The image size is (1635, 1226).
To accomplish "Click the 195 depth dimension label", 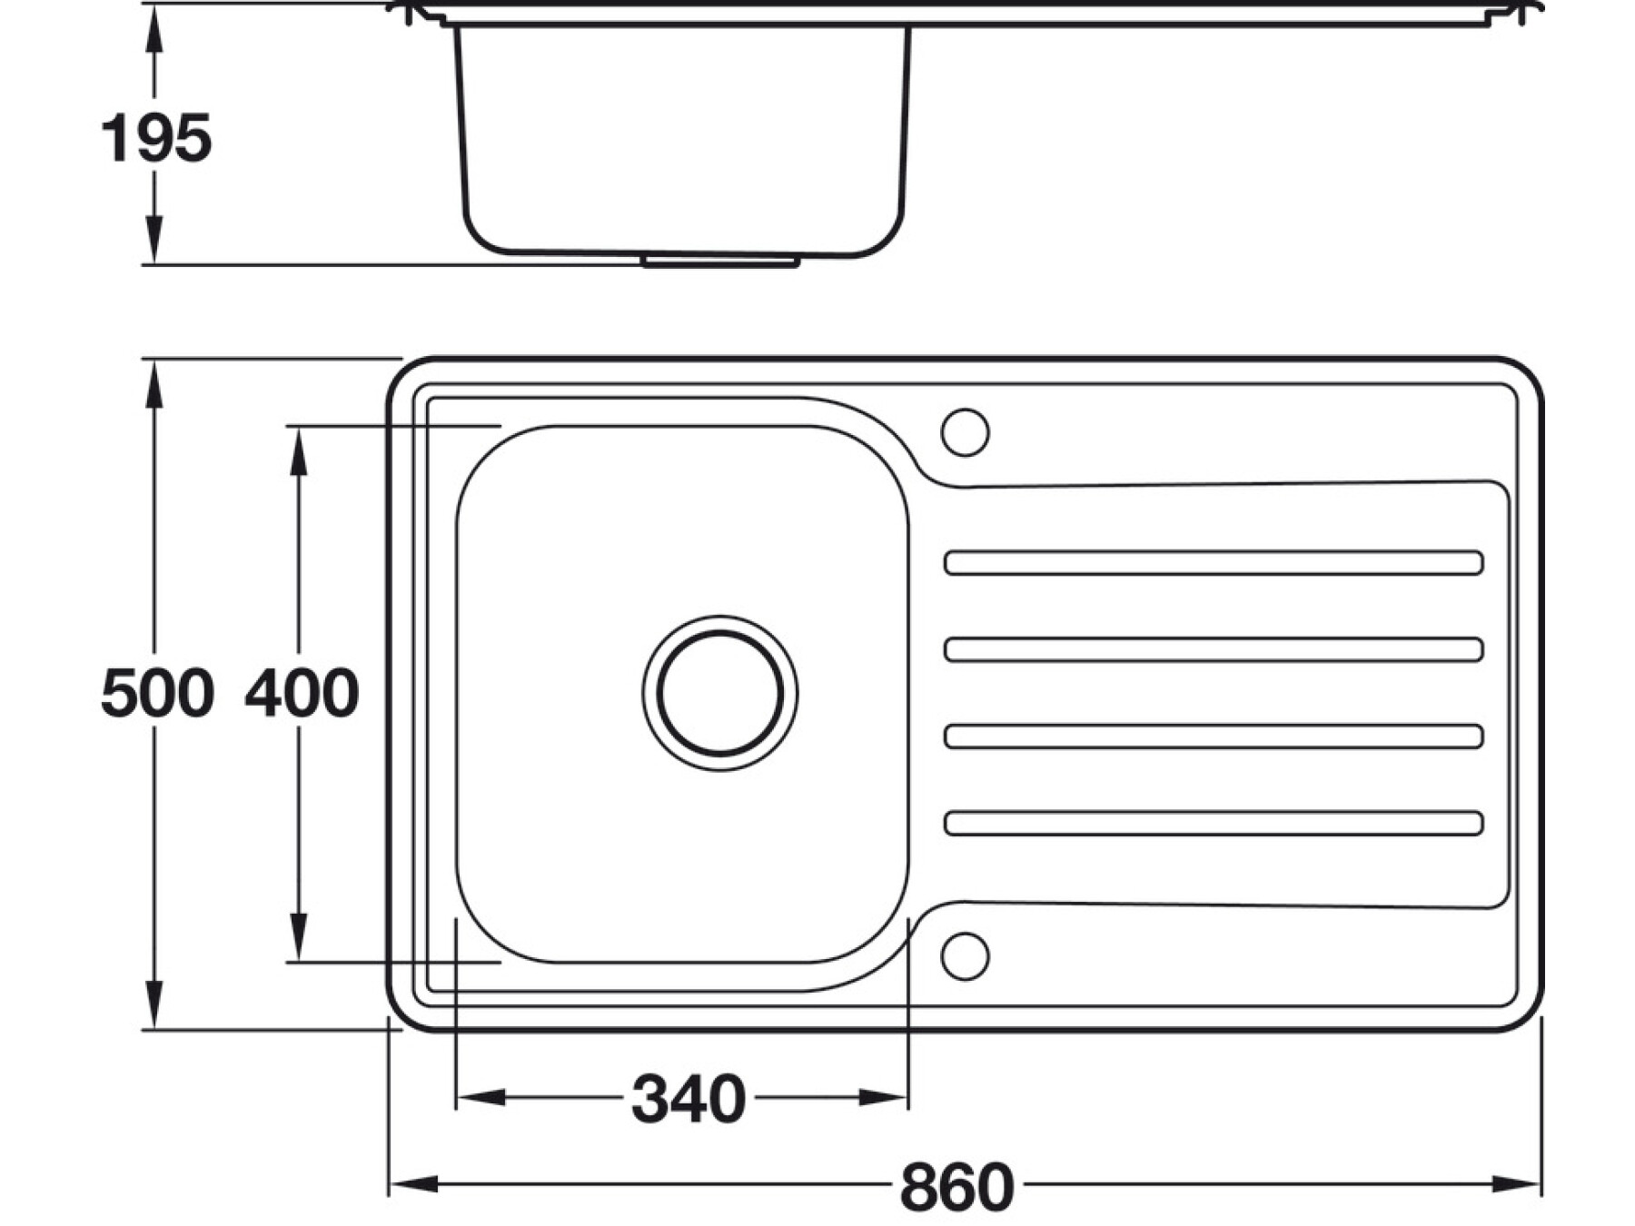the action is pyautogui.click(x=155, y=139).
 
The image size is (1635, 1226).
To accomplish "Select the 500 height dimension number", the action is pyautogui.click(x=157, y=693).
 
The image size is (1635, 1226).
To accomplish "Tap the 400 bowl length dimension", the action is pyautogui.click(x=302, y=693).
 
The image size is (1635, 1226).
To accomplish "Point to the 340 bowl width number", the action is pyautogui.click(x=689, y=1099).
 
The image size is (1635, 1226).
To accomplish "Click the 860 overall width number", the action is pyautogui.click(x=956, y=1186).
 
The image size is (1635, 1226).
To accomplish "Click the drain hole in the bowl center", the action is pyautogui.click(x=720, y=693).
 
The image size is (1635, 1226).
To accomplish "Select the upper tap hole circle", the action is pyautogui.click(x=965, y=432).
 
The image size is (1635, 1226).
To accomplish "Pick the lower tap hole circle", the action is pyautogui.click(x=965, y=955).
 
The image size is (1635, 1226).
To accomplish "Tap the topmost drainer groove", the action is pyautogui.click(x=1214, y=563).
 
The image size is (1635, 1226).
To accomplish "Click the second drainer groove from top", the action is pyautogui.click(x=1214, y=649).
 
